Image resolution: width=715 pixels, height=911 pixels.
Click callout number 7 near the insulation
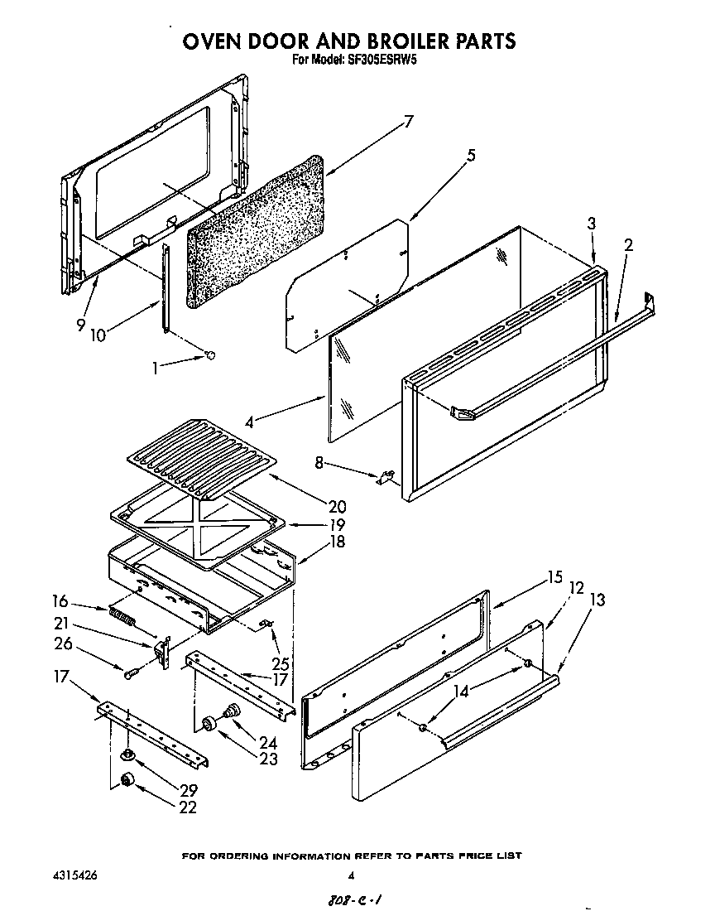pos(407,122)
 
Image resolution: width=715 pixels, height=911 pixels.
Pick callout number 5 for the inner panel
pos(471,154)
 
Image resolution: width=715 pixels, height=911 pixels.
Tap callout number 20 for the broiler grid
pos(313,506)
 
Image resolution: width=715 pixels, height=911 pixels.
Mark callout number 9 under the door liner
pos(81,325)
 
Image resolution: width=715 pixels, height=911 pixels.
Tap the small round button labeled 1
pos(209,355)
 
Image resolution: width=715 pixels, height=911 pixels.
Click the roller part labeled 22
pos(127,780)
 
